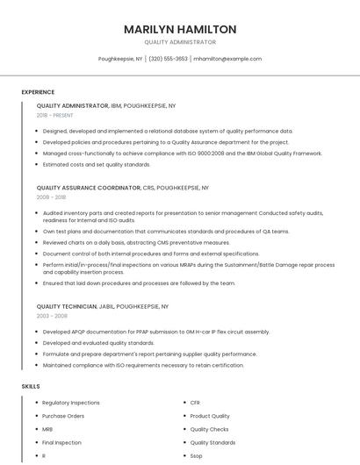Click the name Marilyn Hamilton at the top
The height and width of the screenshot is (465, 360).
click(x=180, y=29)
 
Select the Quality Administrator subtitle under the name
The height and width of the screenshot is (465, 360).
click(x=180, y=42)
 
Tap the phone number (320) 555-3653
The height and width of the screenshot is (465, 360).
click(x=168, y=59)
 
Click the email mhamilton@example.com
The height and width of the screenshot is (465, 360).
click(x=227, y=59)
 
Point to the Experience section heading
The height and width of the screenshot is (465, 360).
click(x=38, y=92)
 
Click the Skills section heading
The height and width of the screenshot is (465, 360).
click(x=31, y=386)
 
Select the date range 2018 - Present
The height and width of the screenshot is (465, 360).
click(x=54, y=115)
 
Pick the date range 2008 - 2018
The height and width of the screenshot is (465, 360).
click(x=51, y=197)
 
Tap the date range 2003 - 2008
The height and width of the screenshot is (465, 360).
click(x=51, y=316)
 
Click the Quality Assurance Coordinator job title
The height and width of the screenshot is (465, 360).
click(x=89, y=188)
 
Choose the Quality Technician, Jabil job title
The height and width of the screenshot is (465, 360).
click(x=80, y=306)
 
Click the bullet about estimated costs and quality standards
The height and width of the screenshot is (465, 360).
click(x=97, y=164)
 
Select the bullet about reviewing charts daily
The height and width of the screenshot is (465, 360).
click(x=136, y=242)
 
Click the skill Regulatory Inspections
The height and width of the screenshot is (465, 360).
click(x=71, y=403)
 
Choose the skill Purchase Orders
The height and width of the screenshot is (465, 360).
click(x=63, y=416)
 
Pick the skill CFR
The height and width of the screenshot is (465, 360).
click(x=195, y=403)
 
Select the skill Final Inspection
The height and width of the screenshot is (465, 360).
click(x=61, y=443)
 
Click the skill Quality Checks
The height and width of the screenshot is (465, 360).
click(x=209, y=430)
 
